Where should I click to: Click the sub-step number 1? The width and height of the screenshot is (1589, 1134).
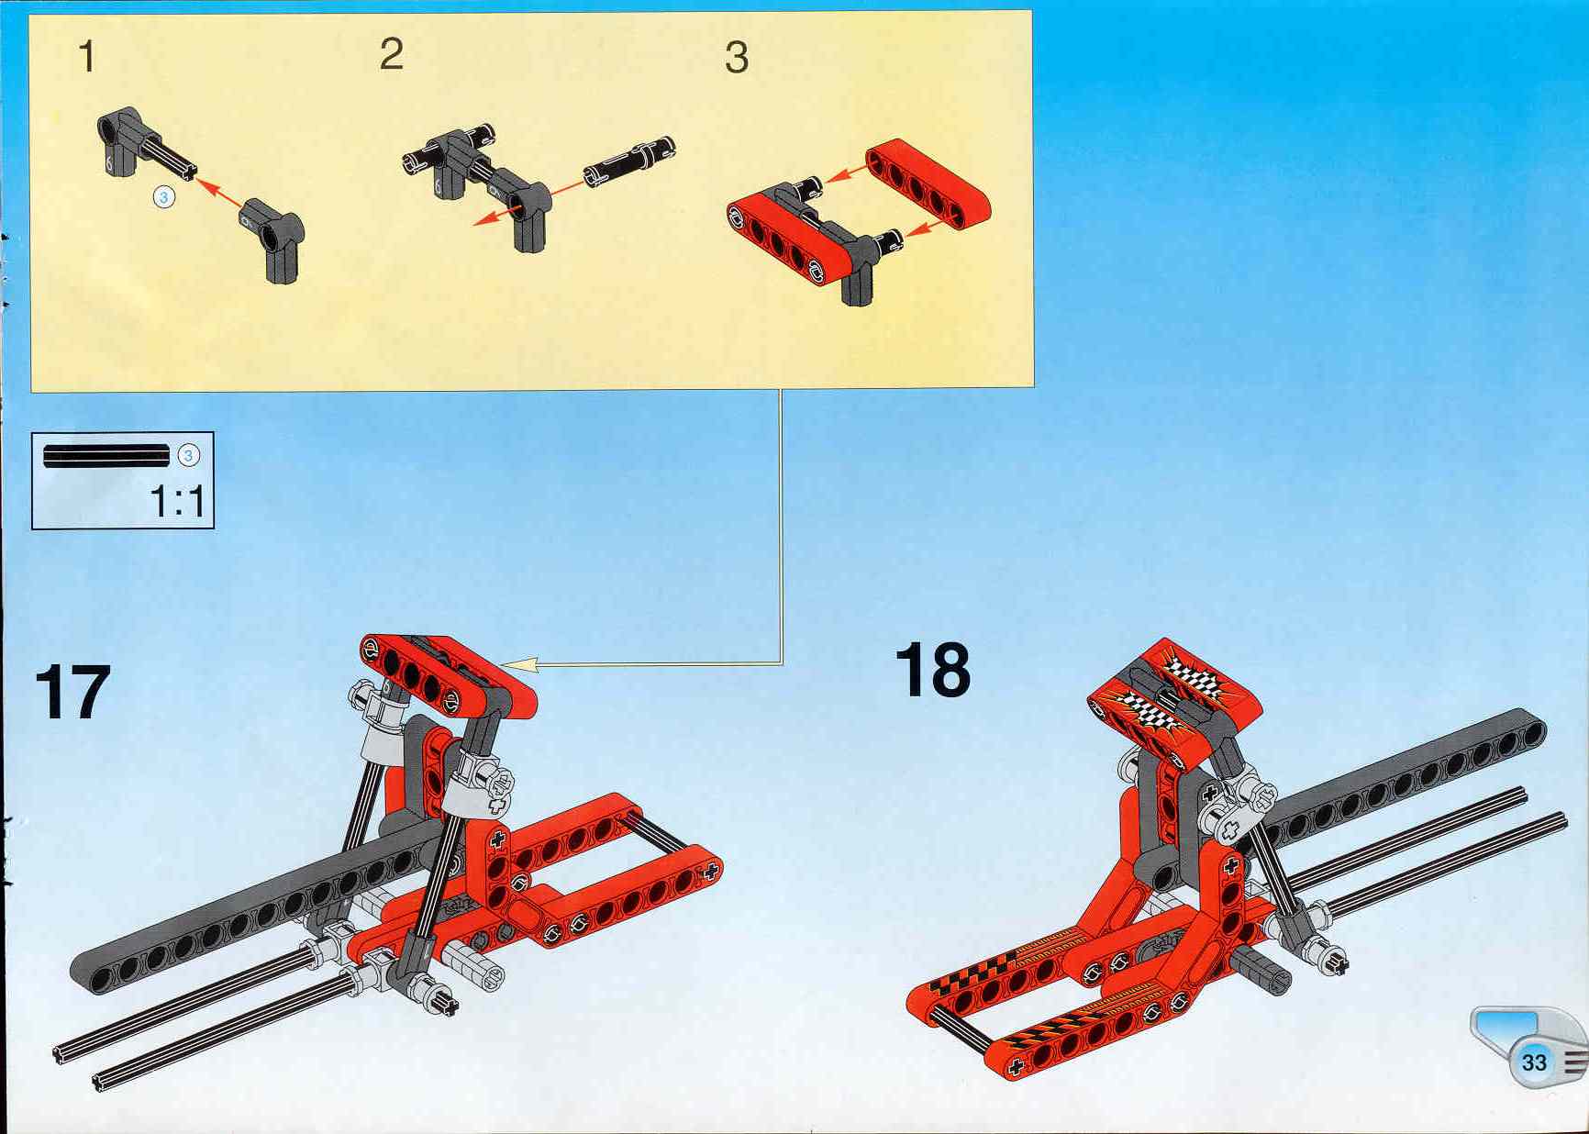click(87, 56)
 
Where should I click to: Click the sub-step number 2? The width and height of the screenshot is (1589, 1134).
click(391, 54)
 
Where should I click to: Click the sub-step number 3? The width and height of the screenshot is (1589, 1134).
click(737, 58)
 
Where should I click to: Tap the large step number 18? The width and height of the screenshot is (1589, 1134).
click(932, 670)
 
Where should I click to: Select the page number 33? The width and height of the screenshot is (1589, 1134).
click(1534, 1062)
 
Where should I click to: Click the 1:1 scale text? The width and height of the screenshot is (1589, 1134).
click(178, 501)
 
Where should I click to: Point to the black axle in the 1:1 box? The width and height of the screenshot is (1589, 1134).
click(106, 456)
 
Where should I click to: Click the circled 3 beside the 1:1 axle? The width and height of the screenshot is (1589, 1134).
click(188, 455)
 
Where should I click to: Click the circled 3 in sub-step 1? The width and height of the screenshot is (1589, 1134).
click(164, 196)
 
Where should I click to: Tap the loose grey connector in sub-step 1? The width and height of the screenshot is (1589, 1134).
click(272, 240)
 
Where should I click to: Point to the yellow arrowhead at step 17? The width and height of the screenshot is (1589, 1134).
click(519, 664)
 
